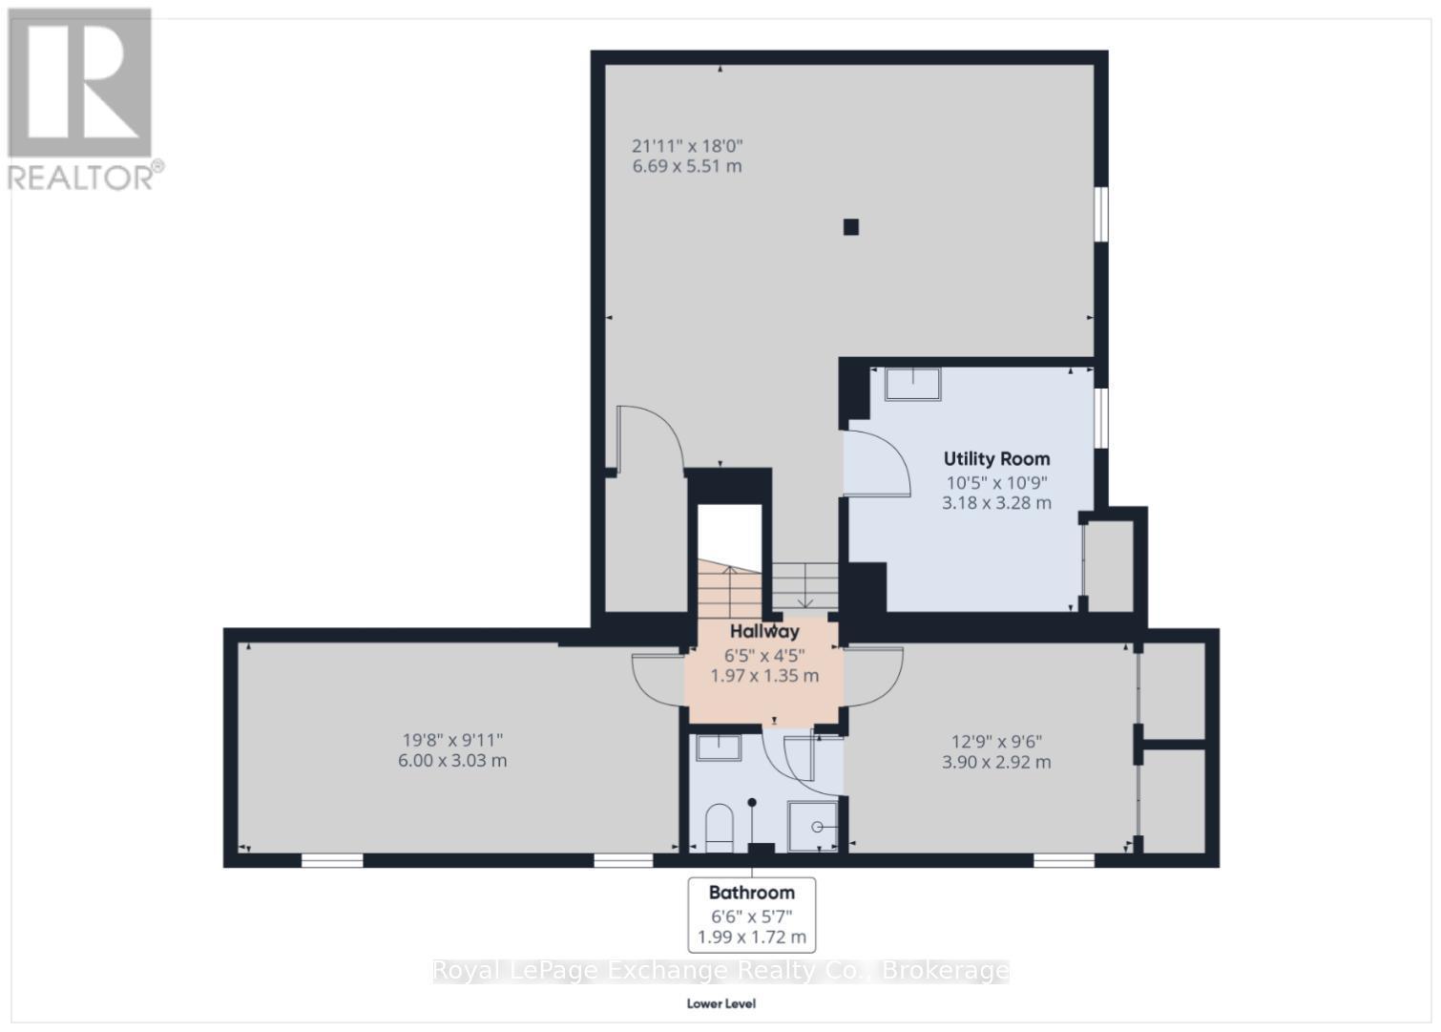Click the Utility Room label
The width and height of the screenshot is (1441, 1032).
(x=996, y=458)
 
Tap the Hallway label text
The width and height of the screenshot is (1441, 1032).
(x=764, y=631)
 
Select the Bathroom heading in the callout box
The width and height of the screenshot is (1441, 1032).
(x=751, y=893)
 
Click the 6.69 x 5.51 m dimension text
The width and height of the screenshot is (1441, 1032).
(x=686, y=166)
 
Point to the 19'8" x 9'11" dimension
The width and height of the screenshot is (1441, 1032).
(x=452, y=739)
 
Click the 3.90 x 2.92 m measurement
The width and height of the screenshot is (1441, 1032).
(x=996, y=762)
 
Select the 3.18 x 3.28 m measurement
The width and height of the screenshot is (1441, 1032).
(x=996, y=502)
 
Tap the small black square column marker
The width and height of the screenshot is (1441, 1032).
(x=850, y=227)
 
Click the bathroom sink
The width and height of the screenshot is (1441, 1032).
(x=718, y=747)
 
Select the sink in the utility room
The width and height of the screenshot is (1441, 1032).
(x=912, y=384)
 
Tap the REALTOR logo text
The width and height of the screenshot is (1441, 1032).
(x=84, y=177)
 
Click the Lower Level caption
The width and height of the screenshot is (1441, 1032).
(x=720, y=1003)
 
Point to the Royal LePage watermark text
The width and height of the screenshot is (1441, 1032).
(x=720, y=971)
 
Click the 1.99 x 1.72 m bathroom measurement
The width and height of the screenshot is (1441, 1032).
(x=751, y=937)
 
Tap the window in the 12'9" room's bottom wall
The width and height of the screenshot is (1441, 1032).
(x=1063, y=860)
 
